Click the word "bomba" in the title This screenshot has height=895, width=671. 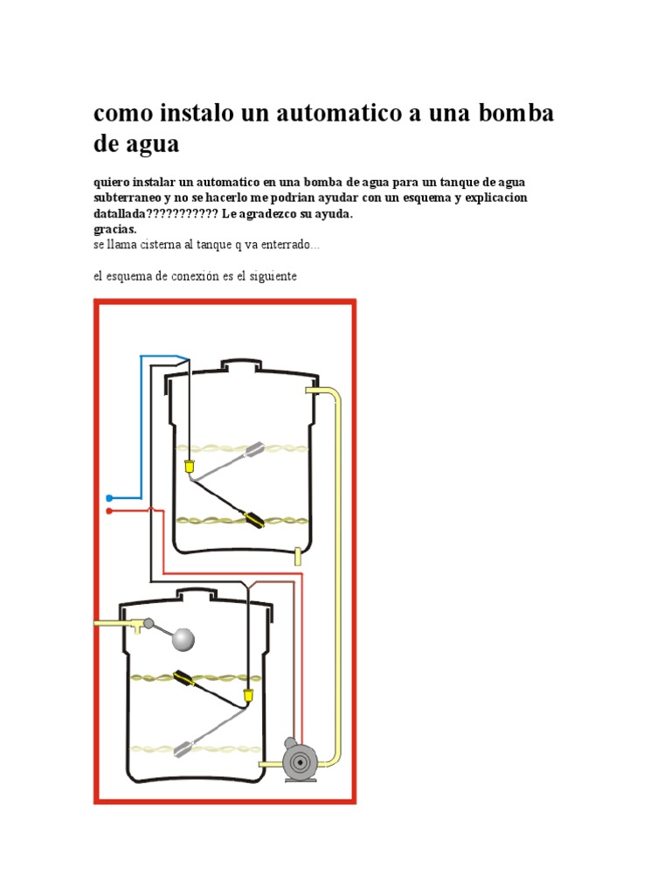(515, 113)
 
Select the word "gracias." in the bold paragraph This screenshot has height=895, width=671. (115, 230)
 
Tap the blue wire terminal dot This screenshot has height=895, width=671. (109, 498)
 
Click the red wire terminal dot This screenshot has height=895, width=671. (109, 510)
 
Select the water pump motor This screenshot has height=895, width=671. (301, 760)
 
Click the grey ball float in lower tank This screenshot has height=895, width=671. (183, 639)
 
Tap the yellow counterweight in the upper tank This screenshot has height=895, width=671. (190, 467)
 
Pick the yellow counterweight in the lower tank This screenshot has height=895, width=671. (248, 696)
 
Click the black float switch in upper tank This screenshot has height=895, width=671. (254, 521)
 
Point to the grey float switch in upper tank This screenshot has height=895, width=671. (255, 449)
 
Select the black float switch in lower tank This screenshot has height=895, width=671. (183, 678)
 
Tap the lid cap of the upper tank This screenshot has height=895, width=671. (241, 365)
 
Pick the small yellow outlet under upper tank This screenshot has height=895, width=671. (297, 557)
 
